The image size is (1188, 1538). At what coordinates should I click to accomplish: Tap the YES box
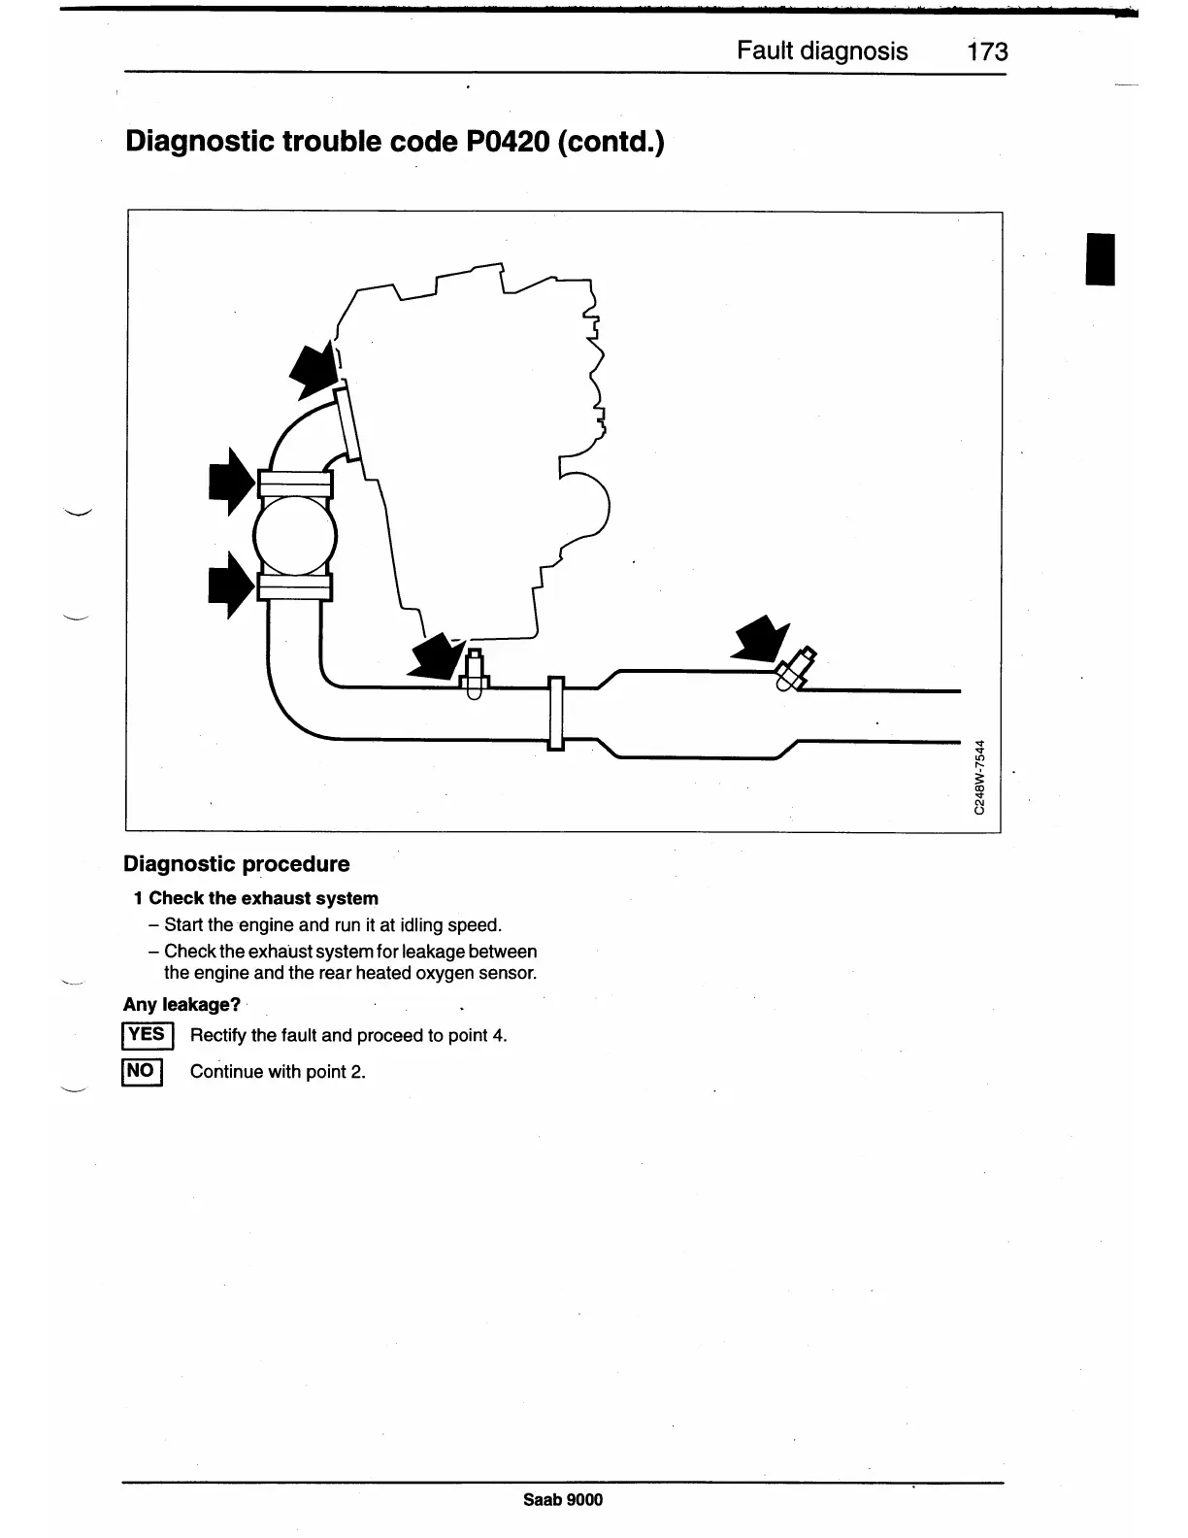click(x=147, y=1035)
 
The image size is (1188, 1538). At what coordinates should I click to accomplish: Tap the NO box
click(x=141, y=1071)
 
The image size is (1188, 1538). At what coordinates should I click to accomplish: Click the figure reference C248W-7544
click(x=980, y=778)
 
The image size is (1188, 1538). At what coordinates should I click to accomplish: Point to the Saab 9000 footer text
click(x=562, y=1500)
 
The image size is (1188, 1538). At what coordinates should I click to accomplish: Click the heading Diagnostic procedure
click(x=237, y=864)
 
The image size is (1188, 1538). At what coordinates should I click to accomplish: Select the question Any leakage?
click(x=181, y=1005)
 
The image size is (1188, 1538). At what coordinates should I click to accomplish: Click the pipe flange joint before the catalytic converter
click(x=556, y=713)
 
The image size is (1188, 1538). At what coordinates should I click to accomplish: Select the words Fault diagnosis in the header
click(x=822, y=51)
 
